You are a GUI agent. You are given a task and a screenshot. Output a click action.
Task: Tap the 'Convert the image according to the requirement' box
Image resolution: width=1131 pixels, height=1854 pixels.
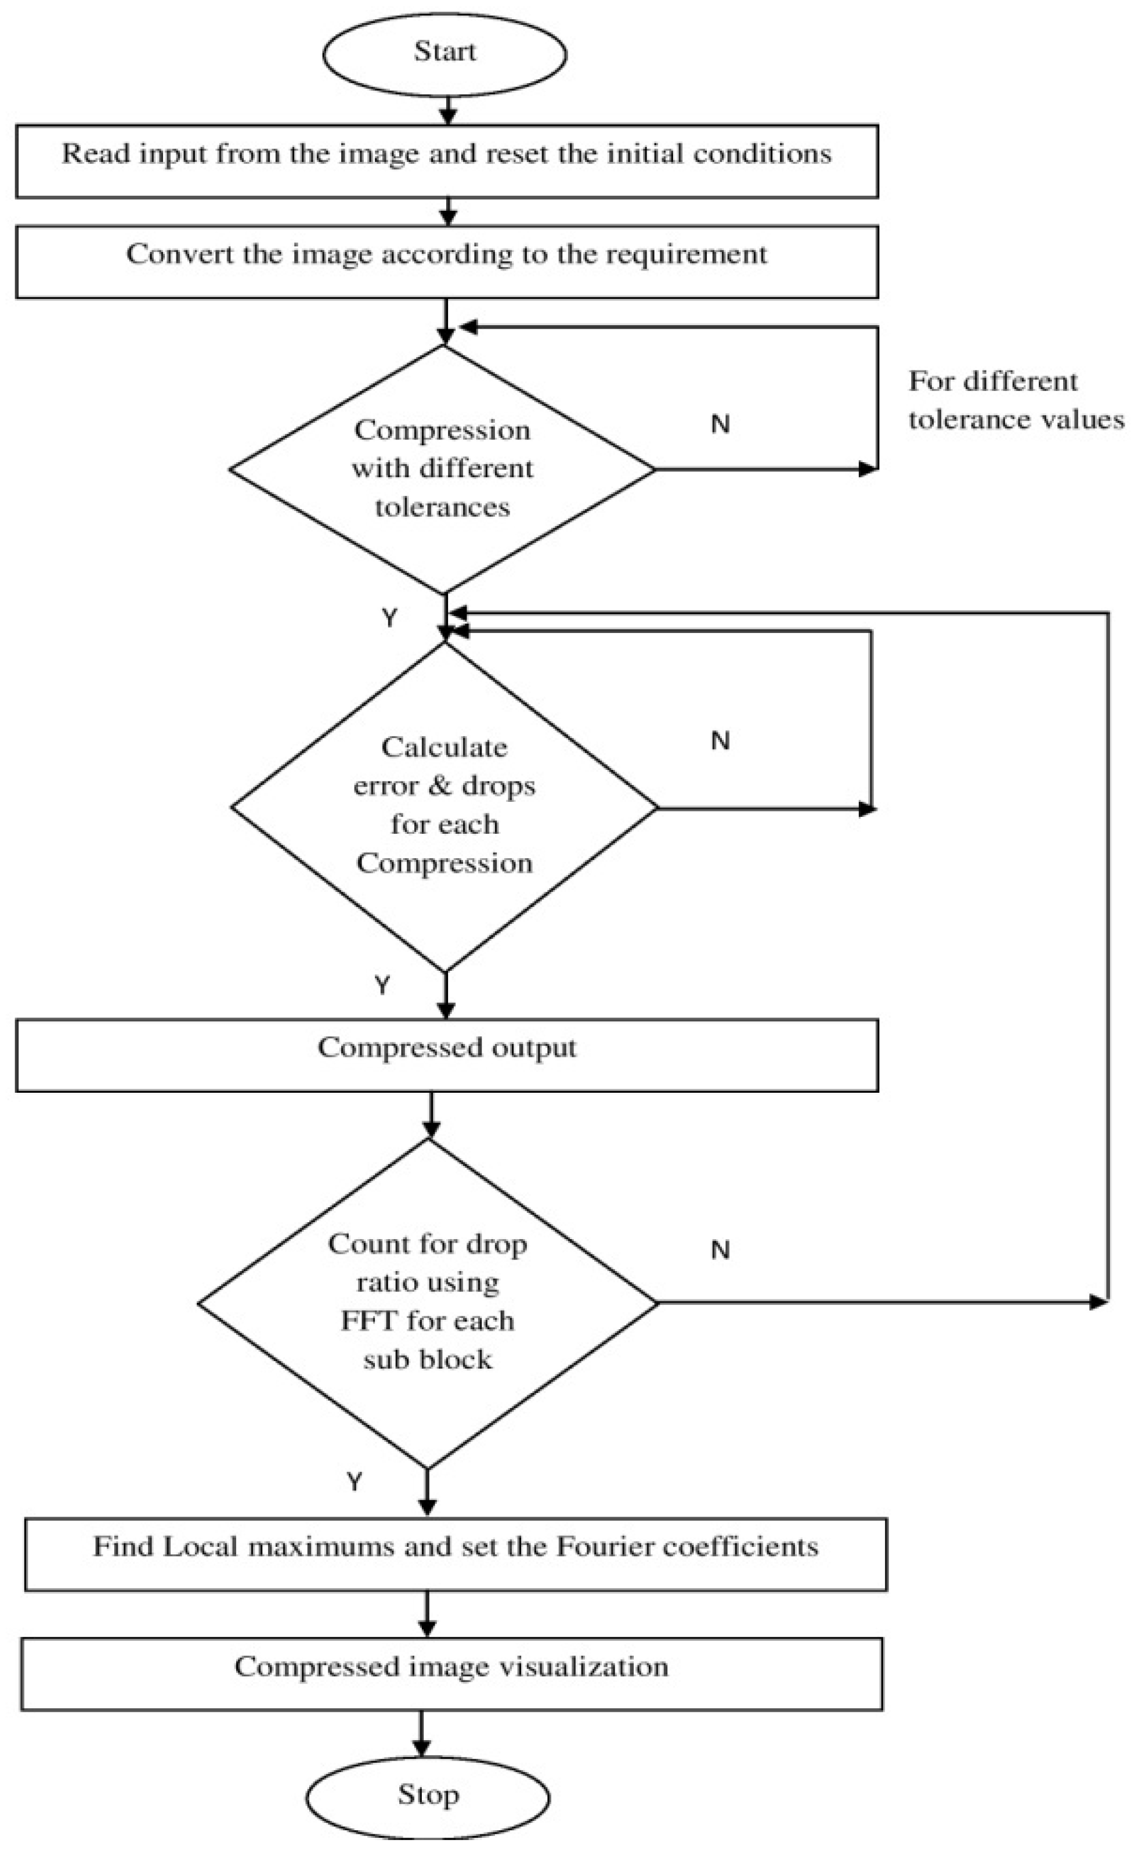click(x=447, y=261)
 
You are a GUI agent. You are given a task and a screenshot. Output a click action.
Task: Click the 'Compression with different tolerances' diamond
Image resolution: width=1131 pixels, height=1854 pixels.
click(x=442, y=469)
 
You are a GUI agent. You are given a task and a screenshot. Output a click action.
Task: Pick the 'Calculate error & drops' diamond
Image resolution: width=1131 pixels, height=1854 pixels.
click(x=444, y=805)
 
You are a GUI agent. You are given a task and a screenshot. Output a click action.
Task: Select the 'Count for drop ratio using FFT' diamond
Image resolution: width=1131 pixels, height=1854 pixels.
click(x=427, y=1302)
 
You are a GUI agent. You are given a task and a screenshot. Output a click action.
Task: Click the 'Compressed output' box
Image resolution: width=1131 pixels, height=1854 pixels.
click(x=447, y=1054)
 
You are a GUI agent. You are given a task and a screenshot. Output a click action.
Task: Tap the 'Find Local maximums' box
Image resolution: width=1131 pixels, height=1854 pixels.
click(x=456, y=1554)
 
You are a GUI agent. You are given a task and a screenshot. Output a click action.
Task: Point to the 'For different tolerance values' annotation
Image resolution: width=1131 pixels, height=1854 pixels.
click(x=1015, y=400)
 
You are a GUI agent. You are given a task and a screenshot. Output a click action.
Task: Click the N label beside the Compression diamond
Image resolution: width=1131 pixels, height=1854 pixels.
click(x=720, y=424)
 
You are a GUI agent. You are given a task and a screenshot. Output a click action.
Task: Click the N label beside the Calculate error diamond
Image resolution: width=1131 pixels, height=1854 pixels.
click(x=720, y=741)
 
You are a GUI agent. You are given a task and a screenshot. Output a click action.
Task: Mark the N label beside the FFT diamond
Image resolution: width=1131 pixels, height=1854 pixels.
click(x=720, y=1250)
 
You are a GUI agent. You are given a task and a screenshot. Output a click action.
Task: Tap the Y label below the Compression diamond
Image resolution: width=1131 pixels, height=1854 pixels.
click(x=389, y=618)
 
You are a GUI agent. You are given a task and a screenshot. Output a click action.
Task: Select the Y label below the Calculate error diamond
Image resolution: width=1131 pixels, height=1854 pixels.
click(x=382, y=985)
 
